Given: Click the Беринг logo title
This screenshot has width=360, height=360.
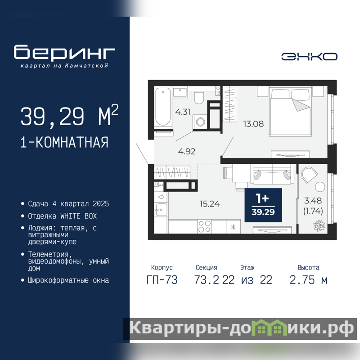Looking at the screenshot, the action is pyautogui.click(x=64, y=52).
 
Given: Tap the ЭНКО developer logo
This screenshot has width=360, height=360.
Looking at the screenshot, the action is pyautogui.click(x=309, y=57).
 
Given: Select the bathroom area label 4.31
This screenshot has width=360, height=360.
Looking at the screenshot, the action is pyautogui.click(x=183, y=112).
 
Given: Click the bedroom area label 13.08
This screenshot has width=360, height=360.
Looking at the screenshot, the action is pyautogui.click(x=253, y=124).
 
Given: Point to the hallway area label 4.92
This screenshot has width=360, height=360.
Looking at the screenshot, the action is pyautogui.click(x=187, y=152).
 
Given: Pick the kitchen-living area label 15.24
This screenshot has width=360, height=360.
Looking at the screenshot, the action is pyautogui.click(x=210, y=204).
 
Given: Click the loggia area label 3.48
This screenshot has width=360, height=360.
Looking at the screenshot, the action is pyautogui.click(x=313, y=201).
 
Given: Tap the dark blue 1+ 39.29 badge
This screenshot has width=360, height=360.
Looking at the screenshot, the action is pyautogui.click(x=263, y=205).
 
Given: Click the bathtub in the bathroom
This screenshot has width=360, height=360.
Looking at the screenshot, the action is pyautogui.click(x=163, y=106).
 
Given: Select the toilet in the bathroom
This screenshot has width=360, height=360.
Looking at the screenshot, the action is pyautogui.click(x=199, y=98).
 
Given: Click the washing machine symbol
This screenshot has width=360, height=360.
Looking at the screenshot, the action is pyautogui.click(x=200, y=121).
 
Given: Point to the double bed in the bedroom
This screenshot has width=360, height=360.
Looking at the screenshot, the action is pyautogui.click(x=290, y=111).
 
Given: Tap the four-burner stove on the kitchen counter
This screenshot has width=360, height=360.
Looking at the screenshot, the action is pyautogui.click(x=205, y=226).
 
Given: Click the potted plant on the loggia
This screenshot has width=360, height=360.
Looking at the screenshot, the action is pyautogui.click(x=319, y=226).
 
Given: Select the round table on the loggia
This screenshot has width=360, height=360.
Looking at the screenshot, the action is pyautogui.click(x=320, y=187).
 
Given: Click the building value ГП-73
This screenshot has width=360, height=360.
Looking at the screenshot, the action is pyautogui.click(x=162, y=280).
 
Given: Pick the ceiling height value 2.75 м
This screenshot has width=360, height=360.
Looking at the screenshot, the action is pyautogui.click(x=309, y=280).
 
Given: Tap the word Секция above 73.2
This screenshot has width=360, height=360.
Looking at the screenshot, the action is pyautogui.click(x=207, y=267).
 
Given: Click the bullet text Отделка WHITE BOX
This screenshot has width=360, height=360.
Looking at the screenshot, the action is pyautogui.click(x=63, y=216).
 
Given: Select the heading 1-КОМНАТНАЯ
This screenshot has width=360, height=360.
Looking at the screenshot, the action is pyautogui.click(x=64, y=142).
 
